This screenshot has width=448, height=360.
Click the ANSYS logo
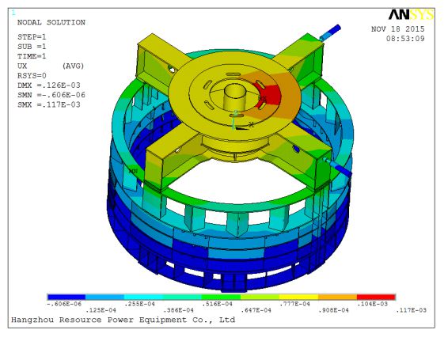411,14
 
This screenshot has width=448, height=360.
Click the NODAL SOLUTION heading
51,22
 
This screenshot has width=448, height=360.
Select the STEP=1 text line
32,37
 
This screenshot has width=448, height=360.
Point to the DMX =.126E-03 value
49,85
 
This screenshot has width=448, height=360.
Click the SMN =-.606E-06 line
51,95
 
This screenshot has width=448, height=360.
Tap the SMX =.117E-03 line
49,104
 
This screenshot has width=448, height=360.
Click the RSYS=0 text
32,75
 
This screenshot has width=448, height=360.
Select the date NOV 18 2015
397,28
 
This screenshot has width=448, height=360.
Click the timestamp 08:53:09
405,39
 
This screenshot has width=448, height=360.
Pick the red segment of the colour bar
376,297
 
